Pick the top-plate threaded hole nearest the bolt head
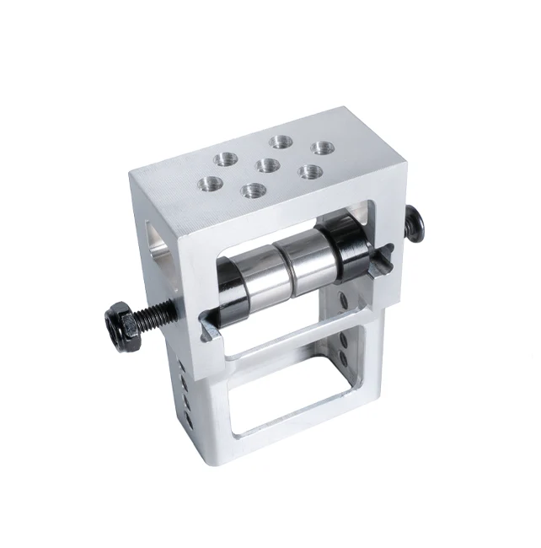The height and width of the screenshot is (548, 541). pyautogui.click(x=320, y=148)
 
